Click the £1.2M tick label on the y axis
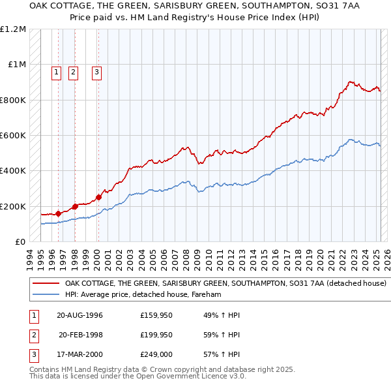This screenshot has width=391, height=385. coord(14,29)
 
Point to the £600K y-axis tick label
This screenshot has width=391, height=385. coord(13,135)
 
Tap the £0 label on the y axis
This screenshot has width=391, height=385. coord(20,241)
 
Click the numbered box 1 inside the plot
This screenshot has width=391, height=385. coord(56,72)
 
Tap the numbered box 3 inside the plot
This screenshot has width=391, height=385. coord(96,72)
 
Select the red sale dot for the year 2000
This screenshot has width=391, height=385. coord(99,197)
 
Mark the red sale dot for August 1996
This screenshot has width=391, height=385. coord(59,213)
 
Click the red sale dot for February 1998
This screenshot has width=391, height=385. coord(75,206)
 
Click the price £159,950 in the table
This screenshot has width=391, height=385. coord(156,315)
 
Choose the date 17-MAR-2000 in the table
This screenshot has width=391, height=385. coord(80,354)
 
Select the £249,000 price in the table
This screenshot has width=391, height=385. coord(156,354)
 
